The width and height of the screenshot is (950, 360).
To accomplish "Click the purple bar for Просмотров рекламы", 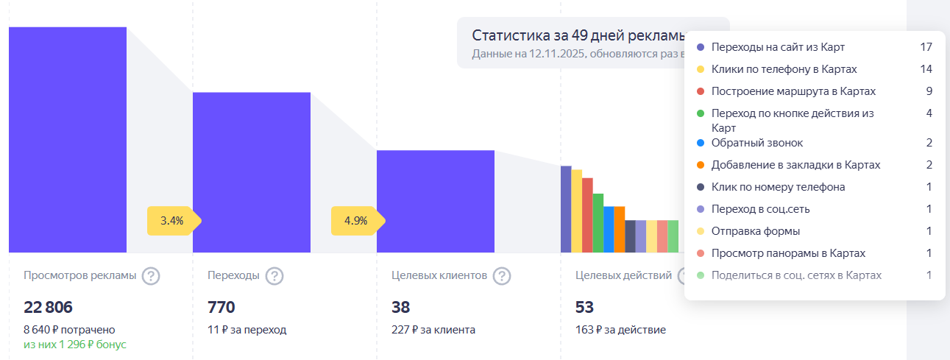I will coord(68,140).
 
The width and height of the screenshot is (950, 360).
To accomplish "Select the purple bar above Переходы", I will coord(252,172).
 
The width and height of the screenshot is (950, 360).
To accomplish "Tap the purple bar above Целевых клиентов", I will coord(436,201).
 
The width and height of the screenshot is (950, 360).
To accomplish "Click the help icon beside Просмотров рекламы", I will coord(151,276).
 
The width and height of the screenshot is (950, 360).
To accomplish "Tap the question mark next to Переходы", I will coord(274,276).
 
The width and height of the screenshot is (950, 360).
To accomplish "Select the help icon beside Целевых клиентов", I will coord(502,276).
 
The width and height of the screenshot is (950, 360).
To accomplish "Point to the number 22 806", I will coord(49,308).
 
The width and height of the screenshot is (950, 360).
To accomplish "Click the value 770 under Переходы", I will coord(221,308).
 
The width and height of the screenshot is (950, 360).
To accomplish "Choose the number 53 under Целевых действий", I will coord(585,308).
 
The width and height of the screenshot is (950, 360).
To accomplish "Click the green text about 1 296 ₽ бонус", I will coord(75,345).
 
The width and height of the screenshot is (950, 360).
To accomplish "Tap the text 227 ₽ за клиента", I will coord(433,330).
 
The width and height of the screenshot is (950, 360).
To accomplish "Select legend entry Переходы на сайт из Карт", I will coord(778,47).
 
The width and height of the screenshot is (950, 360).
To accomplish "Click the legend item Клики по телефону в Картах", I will coord(784,69).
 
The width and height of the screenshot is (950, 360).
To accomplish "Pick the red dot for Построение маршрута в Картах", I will coord(701,91).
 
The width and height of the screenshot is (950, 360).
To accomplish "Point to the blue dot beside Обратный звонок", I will coord(701,143).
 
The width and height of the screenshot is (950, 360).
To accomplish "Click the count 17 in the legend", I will coord(926,47).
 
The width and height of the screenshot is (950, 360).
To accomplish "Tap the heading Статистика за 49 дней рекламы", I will coord(578,36).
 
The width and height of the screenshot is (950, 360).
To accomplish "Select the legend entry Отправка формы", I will coord(756,231).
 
